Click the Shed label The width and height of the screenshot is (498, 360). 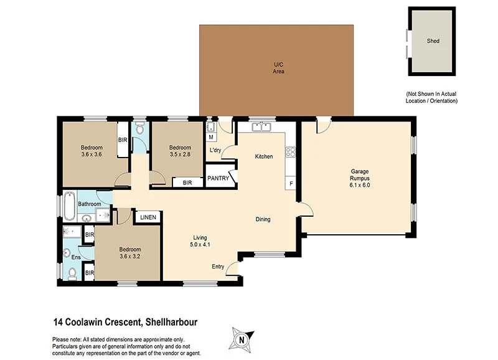433,41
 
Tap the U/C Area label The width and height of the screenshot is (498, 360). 278,68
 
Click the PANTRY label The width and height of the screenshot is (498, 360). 218,179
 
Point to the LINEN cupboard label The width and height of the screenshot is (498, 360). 148,217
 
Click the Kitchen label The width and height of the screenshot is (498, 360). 264,156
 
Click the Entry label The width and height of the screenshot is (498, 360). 218,267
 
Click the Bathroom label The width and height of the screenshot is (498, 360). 90,204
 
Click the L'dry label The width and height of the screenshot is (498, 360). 216,151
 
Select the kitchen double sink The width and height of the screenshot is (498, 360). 261,127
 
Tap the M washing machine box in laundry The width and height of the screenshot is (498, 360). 211,137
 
